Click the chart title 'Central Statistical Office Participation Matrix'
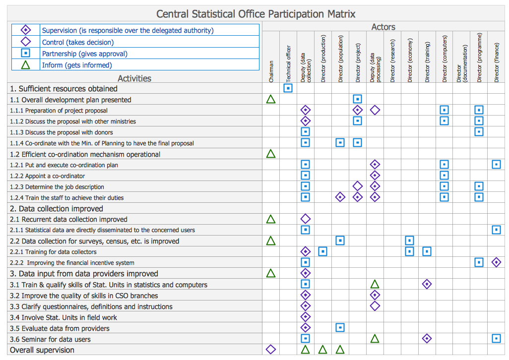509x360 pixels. click(x=255, y=14)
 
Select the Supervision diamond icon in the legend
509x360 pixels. click(x=26, y=30)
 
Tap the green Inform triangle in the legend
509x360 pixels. click(x=26, y=65)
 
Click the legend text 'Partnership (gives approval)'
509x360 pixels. click(x=84, y=54)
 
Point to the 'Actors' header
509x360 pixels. click(x=383, y=27)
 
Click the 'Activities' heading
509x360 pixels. click(x=134, y=78)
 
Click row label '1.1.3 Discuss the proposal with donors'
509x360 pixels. click(x=62, y=132)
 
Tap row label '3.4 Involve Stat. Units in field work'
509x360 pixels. click(x=64, y=317)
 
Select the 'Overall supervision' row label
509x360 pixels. click(x=42, y=350)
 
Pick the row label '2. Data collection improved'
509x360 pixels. click(x=57, y=209)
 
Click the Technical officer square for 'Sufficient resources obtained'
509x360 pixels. click(x=288, y=88)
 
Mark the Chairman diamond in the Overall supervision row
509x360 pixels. click(x=271, y=350)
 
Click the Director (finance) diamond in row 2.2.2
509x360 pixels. click(x=496, y=262)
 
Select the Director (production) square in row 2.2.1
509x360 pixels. click(x=322, y=251)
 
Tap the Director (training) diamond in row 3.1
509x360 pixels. click(x=427, y=284)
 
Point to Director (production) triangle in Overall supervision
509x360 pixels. click(x=322, y=350)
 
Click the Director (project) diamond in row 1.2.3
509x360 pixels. click(x=357, y=186)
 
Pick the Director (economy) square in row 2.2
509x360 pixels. click(x=409, y=240)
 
